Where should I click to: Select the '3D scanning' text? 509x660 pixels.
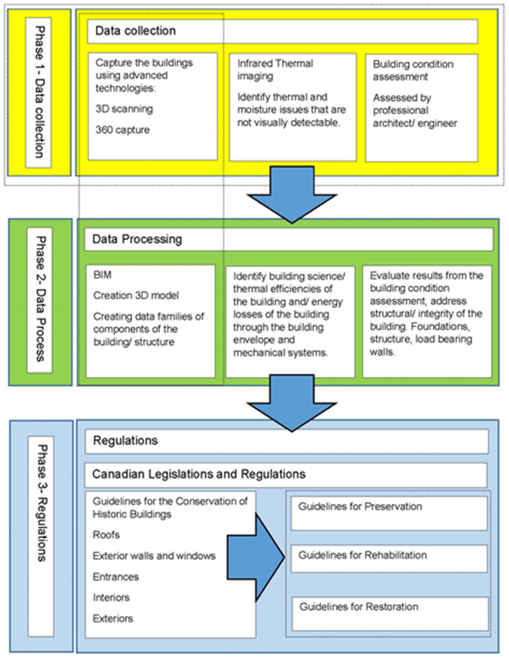124,109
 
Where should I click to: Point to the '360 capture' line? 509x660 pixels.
123,130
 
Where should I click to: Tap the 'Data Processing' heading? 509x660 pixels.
137,239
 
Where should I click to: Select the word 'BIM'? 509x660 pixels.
102,275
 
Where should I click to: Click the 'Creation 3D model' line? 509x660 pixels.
136,295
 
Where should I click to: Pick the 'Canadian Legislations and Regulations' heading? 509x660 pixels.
199,474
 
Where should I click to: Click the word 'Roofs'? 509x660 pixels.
106,535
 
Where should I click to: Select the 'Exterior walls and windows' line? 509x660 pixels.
154,556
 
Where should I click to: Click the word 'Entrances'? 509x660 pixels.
116,577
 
